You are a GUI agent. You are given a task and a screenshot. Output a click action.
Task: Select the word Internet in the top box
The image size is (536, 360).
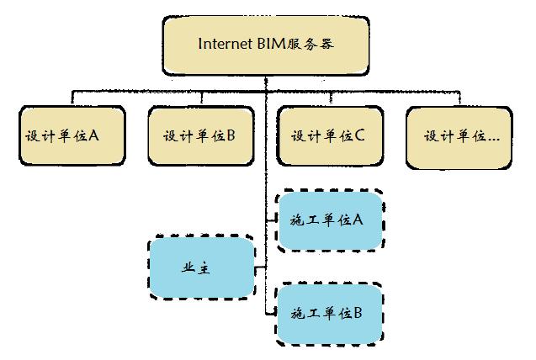pyautogui.click(x=226, y=43)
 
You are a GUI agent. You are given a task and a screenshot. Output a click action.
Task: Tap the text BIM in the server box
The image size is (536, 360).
pyautogui.click(x=274, y=43)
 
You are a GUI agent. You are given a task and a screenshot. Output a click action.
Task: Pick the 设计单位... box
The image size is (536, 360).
pyautogui.click(x=460, y=135)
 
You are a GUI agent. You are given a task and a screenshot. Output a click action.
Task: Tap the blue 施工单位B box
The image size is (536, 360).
pyautogui.click(x=330, y=314)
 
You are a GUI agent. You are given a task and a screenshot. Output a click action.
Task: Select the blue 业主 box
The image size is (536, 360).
pyautogui.click(x=201, y=267)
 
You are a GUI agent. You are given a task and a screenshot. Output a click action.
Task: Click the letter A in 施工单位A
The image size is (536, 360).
pyautogui.click(x=358, y=220)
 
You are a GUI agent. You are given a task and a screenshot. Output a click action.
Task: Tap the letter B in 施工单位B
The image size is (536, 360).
pyautogui.click(x=358, y=313)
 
